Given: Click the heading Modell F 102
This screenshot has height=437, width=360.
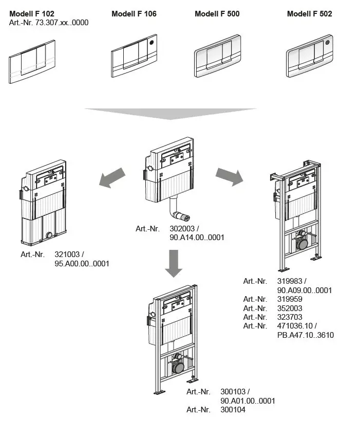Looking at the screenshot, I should pyautogui.click(x=31, y=14).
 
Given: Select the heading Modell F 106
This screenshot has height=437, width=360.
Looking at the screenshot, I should pyautogui.click(x=134, y=14).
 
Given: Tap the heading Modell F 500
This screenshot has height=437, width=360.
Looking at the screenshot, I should pyautogui.click(x=217, y=14).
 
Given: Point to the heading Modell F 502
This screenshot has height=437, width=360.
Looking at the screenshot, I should pyautogui.click(x=309, y=14).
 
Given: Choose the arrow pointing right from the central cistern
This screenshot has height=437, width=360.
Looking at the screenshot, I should pyautogui.click(x=229, y=176).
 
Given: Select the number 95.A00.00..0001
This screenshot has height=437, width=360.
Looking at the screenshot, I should pyautogui.click(x=82, y=264).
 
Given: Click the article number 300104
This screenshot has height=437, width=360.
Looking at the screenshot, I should pyautogui.click(x=233, y=410).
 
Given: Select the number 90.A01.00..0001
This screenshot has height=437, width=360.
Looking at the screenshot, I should pyautogui.click(x=248, y=401).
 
